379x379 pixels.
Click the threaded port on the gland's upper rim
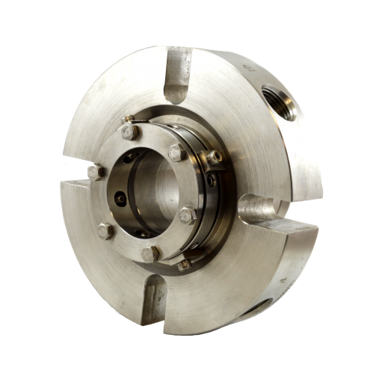pos(280,99)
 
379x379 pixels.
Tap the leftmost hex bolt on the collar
pos(95,172)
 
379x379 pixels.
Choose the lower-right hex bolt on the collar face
pos(188,216)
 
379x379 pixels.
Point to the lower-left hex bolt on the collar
pos(105,230)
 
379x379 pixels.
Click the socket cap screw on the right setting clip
pos(215,158)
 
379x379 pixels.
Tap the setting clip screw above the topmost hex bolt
pos(128,119)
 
